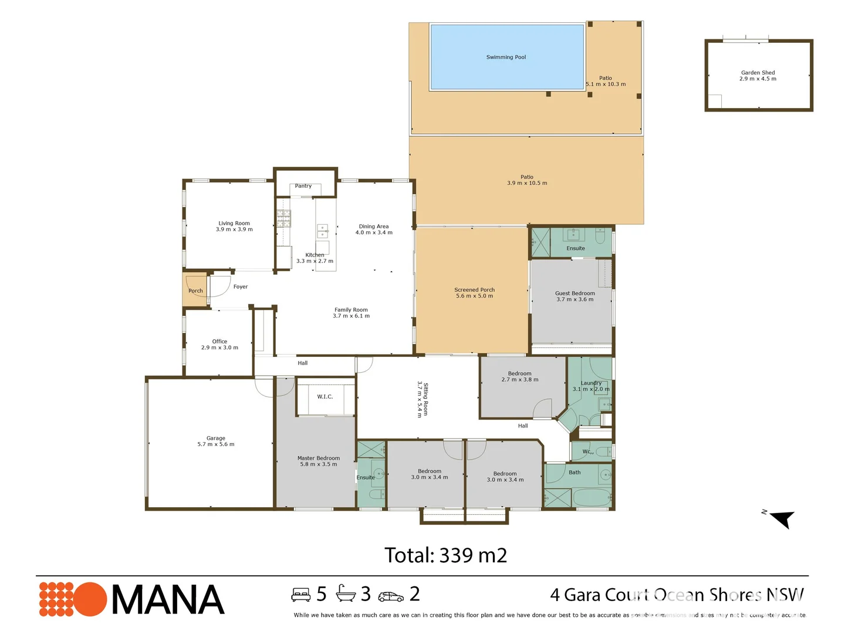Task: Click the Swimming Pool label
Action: (x=506, y=57)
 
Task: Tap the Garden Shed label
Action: (x=758, y=73)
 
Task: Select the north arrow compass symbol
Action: (x=782, y=519)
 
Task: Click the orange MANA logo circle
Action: (x=89, y=599)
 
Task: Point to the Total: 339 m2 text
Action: (x=445, y=555)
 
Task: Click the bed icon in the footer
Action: (x=301, y=595)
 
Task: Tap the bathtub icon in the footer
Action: (x=346, y=594)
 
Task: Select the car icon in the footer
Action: (x=391, y=596)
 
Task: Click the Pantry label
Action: (x=303, y=186)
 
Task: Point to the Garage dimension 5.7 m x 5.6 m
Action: (x=216, y=444)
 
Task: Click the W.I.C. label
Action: (x=325, y=397)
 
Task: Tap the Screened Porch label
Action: (x=474, y=290)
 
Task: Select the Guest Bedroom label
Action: (x=575, y=294)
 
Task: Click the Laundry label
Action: (x=591, y=383)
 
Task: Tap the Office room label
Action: (x=219, y=341)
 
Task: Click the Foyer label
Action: (x=241, y=287)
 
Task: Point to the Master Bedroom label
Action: (x=319, y=458)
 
